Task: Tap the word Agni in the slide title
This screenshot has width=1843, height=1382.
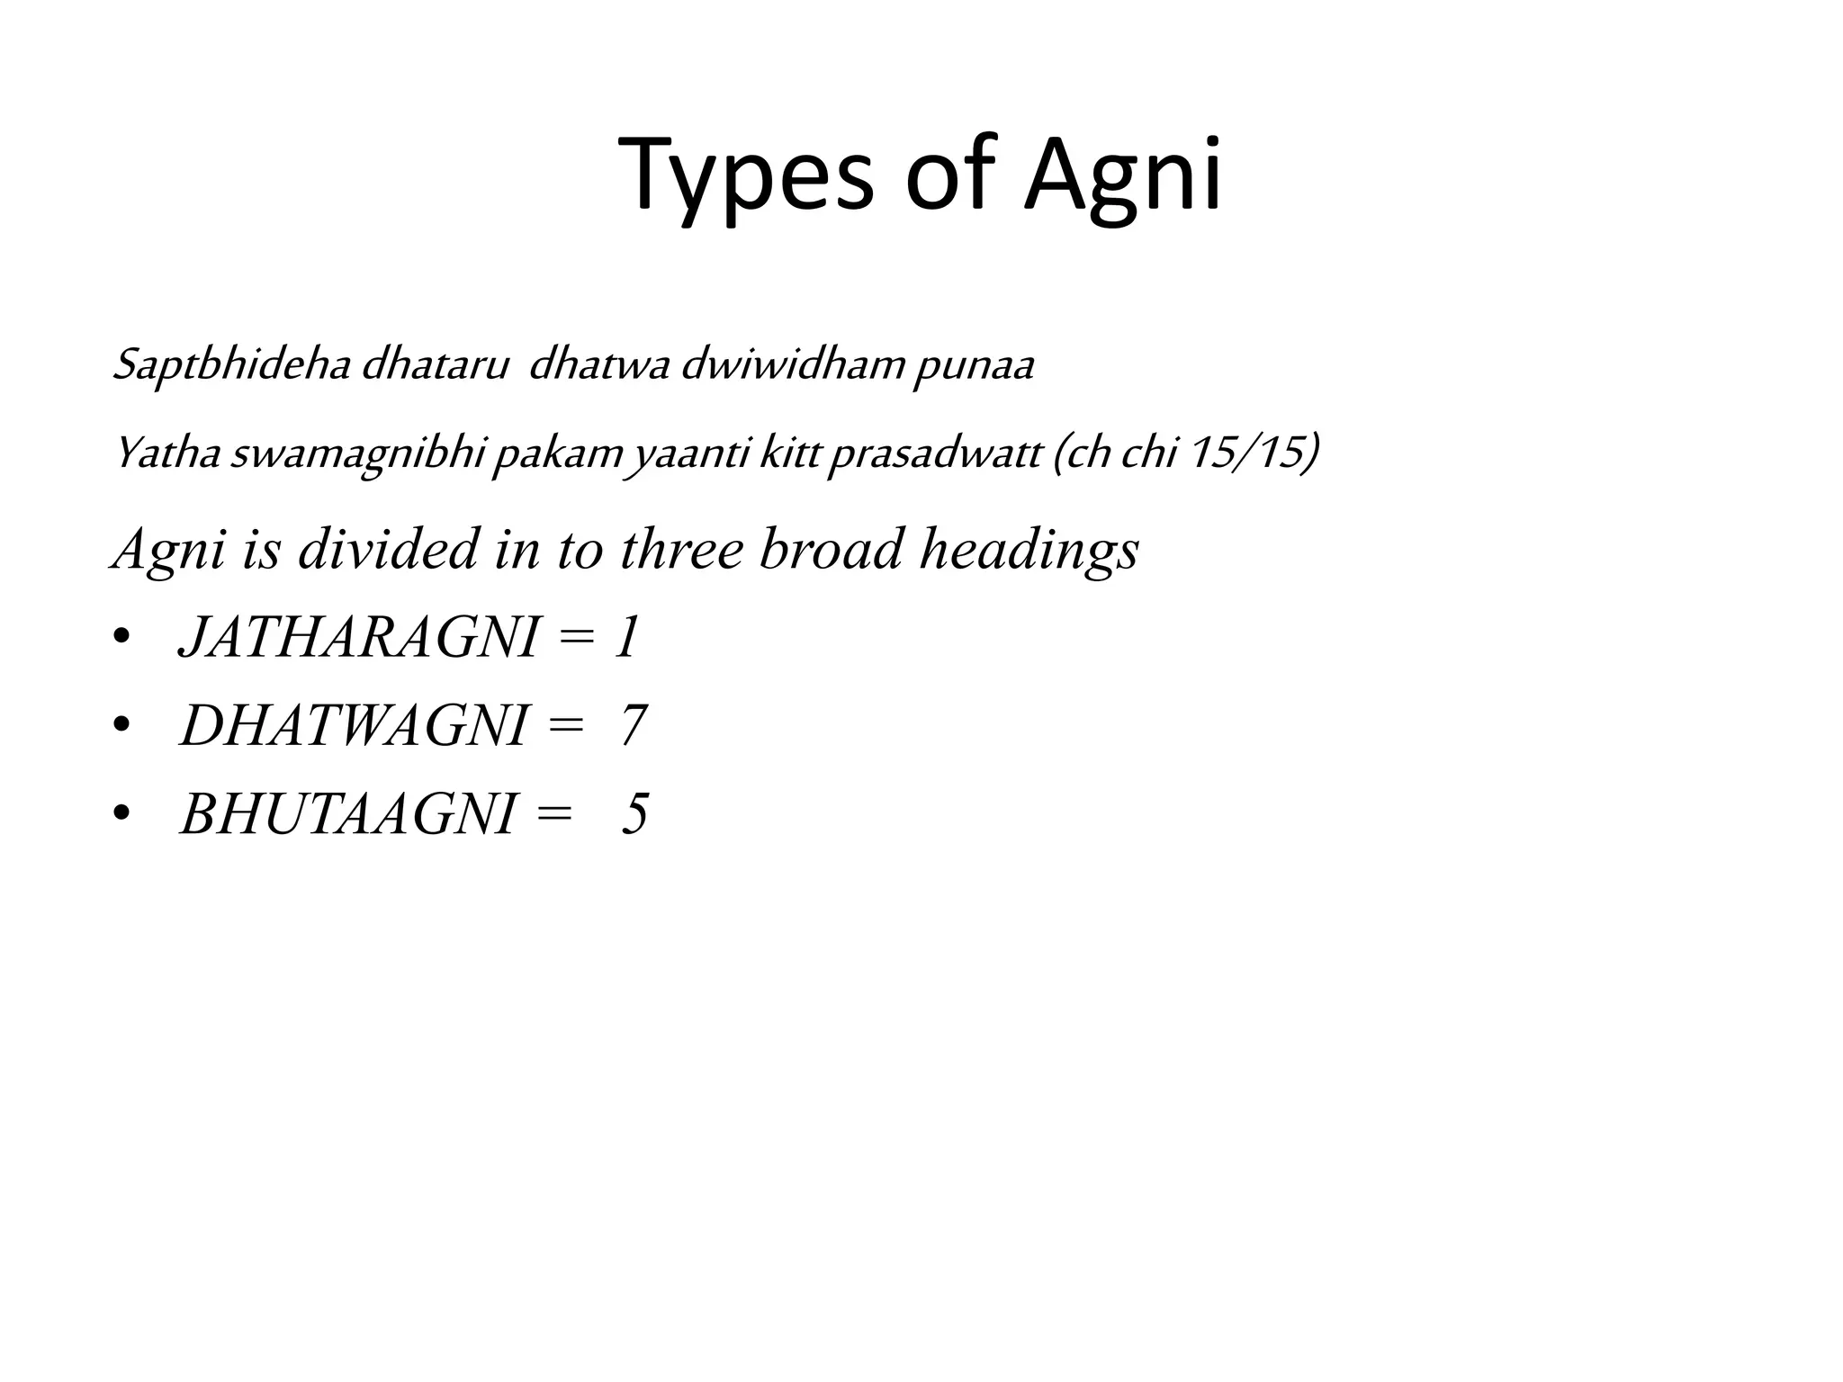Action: pyautogui.click(x=1123, y=175)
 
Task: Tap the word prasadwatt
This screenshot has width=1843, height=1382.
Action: pyautogui.click(x=934, y=453)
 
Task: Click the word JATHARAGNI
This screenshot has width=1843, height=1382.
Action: pyautogui.click(x=358, y=638)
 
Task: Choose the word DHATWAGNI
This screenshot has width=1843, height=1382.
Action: pyautogui.click(x=353, y=725)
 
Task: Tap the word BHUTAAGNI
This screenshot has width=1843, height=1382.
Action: pyautogui.click(x=347, y=813)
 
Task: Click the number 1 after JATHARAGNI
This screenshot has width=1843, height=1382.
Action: pyautogui.click(x=626, y=638)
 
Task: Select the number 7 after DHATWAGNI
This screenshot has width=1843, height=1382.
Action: pyautogui.click(x=634, y=725)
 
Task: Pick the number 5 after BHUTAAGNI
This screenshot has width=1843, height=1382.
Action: pyautogui.click(x=634, y=813)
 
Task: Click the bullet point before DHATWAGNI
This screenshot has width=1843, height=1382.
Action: pyautogui.click(x=122, y=725)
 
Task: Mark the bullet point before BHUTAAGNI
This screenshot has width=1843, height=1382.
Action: pyautogui.click(x=122, y=813)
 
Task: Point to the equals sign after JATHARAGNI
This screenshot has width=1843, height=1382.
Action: pyautogui.click(x=576, y=639)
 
